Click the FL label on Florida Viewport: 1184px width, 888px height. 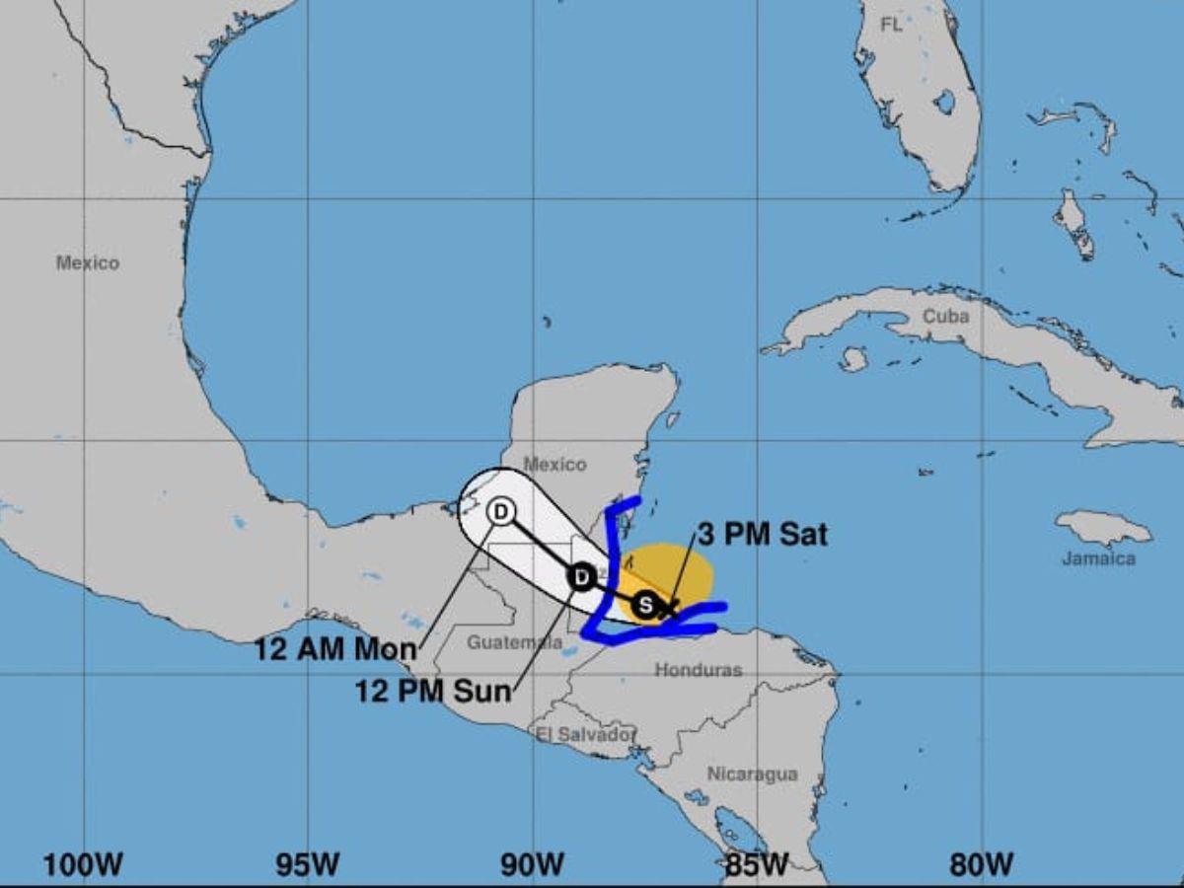[x=891, y=26]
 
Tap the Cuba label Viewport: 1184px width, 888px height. [x=945, y=317]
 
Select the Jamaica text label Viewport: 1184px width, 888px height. [x=1098, y=558]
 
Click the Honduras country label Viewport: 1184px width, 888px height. [x=698, y=670]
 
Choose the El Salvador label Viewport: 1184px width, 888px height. [x=583, y=734]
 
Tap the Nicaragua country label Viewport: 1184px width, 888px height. [x=752, y=775]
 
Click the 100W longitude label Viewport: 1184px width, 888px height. [x=83, y=865]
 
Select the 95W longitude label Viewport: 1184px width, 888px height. [x=307, y=865]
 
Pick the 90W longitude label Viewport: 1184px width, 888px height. [x=531, y=865]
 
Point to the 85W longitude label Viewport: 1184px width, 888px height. [x=757, y=865]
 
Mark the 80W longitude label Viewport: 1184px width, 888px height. [x=982, y=865]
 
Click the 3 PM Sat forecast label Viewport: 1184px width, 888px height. [x=761, y=535]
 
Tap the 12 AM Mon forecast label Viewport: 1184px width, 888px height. [x=335, y=649]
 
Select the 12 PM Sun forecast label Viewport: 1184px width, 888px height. [x=434, y=691]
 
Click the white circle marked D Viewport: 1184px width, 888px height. [x=501, y=511]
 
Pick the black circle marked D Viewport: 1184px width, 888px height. [x=582, y=576]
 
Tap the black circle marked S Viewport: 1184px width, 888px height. [x=644, y=604]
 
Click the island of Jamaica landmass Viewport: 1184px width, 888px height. [x=1103, y=529]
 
